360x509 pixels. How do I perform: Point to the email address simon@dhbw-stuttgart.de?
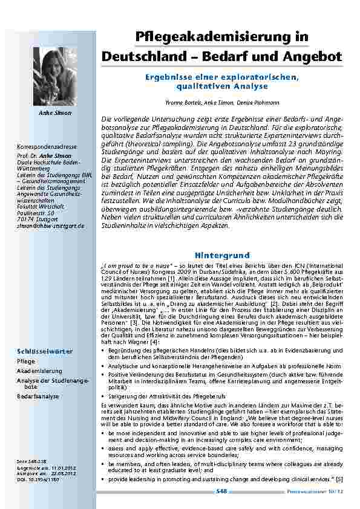tap(51, 225)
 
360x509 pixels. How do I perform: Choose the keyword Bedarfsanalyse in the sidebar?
tap(38, 396)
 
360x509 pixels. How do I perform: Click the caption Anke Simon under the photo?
tap(55, 113)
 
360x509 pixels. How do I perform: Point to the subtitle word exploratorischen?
tap(261, 78)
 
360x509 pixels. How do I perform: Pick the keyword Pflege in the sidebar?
tap(26, 360)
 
